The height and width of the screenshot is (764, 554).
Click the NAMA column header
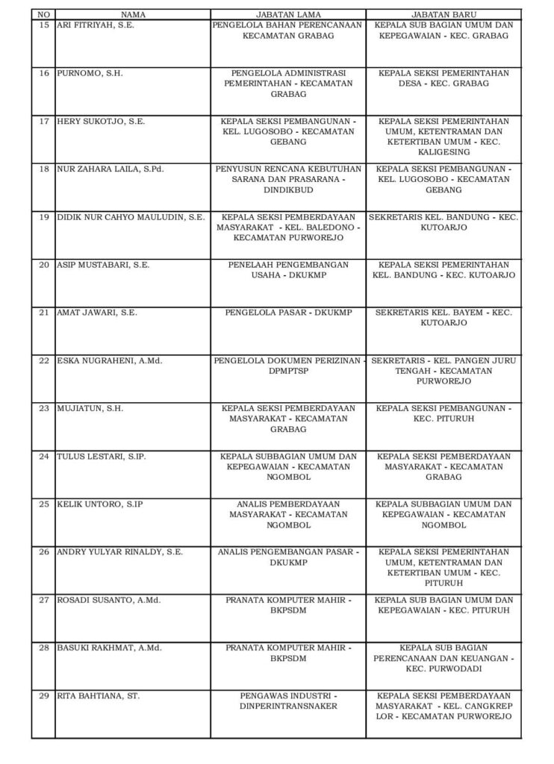(x=132, y=14)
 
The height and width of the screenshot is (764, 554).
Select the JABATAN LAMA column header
(x=287, y=14)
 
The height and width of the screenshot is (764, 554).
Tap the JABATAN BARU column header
(x=443, y=14)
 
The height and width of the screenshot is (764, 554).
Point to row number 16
(x=43, y=73)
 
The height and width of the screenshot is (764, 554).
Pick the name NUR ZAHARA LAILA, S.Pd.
(x=111, y=169)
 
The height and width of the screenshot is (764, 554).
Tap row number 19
(x=43, y=217)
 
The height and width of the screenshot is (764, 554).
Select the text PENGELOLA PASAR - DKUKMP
(x=287, y=313)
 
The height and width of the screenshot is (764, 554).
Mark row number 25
(x=43, y=504)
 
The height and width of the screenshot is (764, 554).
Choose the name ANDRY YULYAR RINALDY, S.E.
(x=120, y=552)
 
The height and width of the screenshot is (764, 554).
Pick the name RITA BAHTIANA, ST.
(x=99, y=695)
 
